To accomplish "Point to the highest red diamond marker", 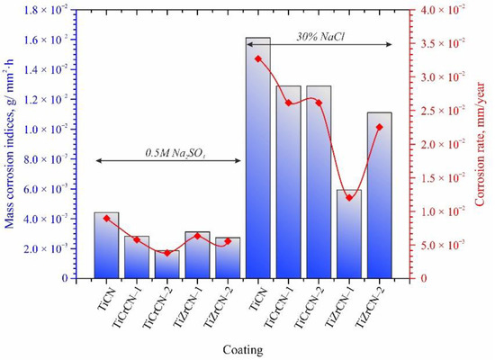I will tap(258, 58).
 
